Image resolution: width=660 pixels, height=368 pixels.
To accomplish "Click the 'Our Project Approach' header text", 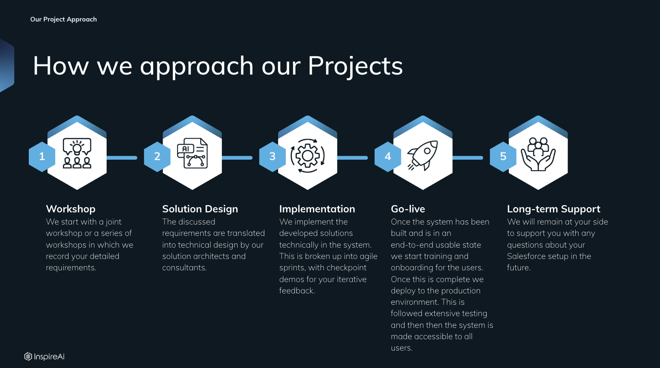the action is coord(63,19).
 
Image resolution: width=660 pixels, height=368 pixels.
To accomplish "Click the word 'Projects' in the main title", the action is coord(355,66).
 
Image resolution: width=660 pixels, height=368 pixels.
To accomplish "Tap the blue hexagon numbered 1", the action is coord(42,156).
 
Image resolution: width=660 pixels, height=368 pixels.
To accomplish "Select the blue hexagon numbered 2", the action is coord(157,156).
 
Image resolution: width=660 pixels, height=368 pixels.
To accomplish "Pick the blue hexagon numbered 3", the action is coord(272,156).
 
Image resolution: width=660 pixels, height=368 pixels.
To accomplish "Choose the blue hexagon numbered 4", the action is coord(388,156).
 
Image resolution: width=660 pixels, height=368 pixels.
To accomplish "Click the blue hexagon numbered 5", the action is coord(503,156).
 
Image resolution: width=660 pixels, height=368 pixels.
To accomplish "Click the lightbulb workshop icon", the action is coord(77,153).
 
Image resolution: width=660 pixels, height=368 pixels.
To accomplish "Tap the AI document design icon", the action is coord(192,153).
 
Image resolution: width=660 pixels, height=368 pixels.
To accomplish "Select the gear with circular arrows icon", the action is coord(308,156).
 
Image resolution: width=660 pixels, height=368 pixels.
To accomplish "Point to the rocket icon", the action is coord(422,155).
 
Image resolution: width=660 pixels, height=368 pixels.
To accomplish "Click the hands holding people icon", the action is coord(538,154).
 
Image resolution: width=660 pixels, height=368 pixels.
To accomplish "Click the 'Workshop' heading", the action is coord(71,209).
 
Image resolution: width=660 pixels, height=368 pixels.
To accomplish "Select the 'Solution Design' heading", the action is coord(200,209).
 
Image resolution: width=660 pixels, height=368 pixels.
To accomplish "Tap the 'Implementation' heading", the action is coord(317,209).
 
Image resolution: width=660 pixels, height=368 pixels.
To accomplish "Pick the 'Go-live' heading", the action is coord(408,209).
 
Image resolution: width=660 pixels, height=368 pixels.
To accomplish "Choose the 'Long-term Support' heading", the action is coord(554,209).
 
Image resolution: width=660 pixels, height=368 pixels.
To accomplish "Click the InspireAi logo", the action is coord(44,357).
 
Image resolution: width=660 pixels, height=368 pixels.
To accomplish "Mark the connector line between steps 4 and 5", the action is coord(467,158).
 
